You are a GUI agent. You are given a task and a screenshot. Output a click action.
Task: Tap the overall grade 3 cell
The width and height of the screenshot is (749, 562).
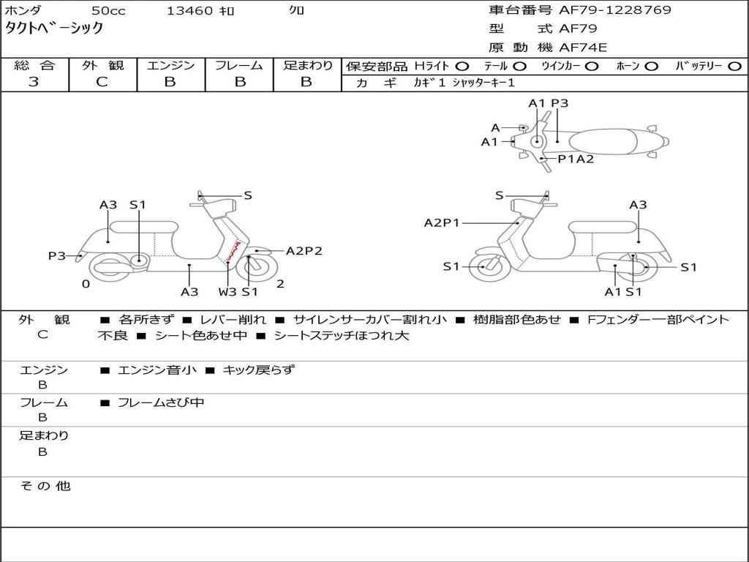(34, 82)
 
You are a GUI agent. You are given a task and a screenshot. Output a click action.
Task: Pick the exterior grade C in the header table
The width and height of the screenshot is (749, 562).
(102, 82)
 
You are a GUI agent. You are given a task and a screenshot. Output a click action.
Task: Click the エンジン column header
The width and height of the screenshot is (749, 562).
(170, 65)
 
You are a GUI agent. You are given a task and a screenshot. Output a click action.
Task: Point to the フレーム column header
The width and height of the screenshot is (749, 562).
(238, 65)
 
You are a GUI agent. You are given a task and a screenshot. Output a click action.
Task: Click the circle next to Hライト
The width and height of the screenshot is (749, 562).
(462, 67)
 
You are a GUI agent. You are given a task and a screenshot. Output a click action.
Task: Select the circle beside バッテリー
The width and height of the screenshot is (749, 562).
(735, 67)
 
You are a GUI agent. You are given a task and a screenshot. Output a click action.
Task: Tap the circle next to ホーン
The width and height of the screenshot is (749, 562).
(652, 67)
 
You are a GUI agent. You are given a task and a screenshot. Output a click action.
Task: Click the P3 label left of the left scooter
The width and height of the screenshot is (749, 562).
(57, 255)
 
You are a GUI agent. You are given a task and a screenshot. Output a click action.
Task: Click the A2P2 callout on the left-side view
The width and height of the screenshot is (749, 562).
(304, 251)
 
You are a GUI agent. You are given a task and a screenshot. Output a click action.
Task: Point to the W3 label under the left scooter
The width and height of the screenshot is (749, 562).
(227, 292)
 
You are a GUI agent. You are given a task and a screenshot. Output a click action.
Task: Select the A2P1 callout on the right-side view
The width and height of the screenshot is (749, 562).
(442, 223)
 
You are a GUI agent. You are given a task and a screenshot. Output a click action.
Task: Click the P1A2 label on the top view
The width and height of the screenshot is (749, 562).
(576, 159)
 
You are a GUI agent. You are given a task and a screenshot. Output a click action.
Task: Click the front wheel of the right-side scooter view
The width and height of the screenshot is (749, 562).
(483, 267)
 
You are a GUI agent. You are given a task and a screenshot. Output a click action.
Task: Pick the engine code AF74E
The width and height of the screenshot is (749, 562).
(582, 48)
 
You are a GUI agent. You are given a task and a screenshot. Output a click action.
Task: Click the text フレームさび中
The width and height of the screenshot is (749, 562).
(161, 402)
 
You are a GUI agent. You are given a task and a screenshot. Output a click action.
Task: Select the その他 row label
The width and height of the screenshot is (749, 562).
(45, 486)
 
